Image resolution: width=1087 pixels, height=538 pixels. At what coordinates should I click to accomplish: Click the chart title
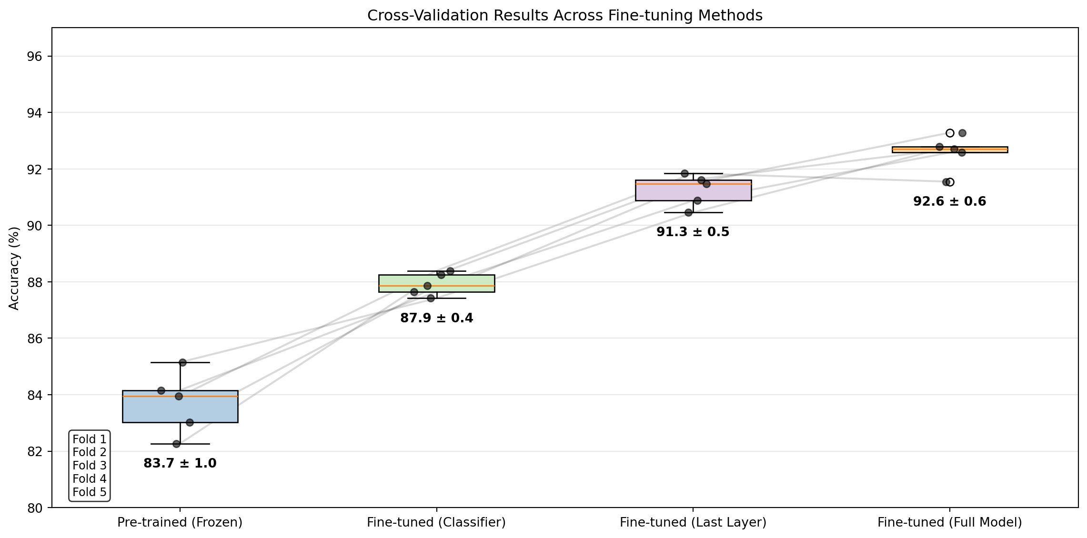click(564, 16)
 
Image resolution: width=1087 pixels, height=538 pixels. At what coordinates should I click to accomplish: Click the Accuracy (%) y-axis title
click(14, 268)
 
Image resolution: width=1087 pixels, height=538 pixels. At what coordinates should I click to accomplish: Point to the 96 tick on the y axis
click(35, 57)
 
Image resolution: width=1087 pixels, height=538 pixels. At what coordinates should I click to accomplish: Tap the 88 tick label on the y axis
click(35, 282)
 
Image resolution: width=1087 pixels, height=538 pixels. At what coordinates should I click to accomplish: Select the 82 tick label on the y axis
click(35, 451)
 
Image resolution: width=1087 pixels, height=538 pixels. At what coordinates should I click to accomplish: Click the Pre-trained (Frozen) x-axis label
click(180, 523)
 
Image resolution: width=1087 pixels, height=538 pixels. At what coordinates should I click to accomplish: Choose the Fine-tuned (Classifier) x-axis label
click(436, 523)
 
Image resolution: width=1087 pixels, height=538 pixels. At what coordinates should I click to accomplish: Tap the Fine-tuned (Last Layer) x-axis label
click(693, 523)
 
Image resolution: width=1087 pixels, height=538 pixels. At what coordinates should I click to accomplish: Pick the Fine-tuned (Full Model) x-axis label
click(950, 523)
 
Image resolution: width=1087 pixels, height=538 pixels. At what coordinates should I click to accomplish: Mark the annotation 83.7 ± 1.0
click(180, 463)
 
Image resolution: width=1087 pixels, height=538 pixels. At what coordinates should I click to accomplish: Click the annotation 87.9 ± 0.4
click(436, 318)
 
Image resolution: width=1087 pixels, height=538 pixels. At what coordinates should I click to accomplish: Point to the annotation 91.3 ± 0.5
click(693, 232)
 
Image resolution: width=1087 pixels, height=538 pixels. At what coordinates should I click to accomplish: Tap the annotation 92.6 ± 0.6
click(950, 201)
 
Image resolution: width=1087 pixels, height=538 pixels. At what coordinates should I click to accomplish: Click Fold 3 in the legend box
click(90, 466)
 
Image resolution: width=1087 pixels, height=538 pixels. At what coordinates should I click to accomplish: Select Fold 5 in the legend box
click(90, 492)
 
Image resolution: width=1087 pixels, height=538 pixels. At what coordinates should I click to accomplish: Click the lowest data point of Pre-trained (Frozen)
click(176, 444)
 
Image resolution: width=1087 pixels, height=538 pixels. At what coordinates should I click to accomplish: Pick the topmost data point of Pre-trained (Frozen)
click(182, 362)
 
